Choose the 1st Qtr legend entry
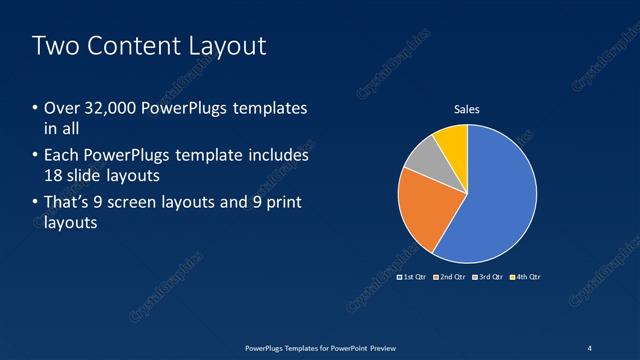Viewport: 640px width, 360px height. pos(413,276)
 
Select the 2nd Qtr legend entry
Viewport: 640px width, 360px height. pos(450,276)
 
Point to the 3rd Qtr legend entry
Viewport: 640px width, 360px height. pos(487,276)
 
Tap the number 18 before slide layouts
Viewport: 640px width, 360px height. pos(55,176)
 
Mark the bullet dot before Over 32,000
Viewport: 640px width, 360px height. pos(35,108)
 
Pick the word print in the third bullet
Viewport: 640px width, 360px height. pos(282,203)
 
